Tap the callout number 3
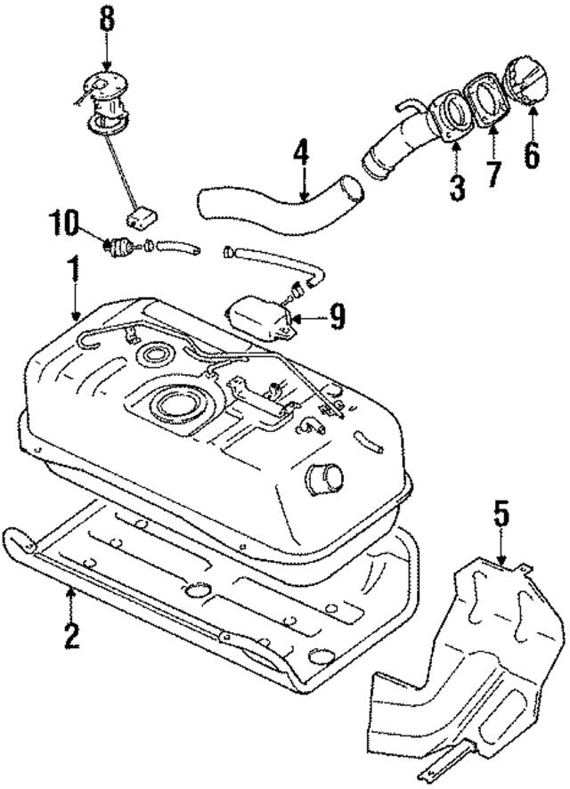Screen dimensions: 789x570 (x=456, y=187)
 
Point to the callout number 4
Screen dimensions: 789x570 (x=302, y=156)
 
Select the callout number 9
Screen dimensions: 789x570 (x=336, y=318)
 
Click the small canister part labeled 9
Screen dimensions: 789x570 (x=260, y=318)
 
